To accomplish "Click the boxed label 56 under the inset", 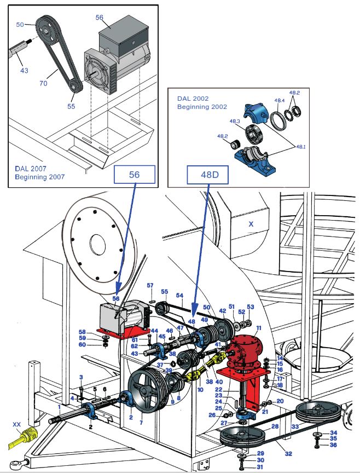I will [135, 175].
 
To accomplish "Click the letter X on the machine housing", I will [251, 224].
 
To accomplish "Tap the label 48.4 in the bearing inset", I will [279, 101].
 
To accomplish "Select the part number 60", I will [83, 344].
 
